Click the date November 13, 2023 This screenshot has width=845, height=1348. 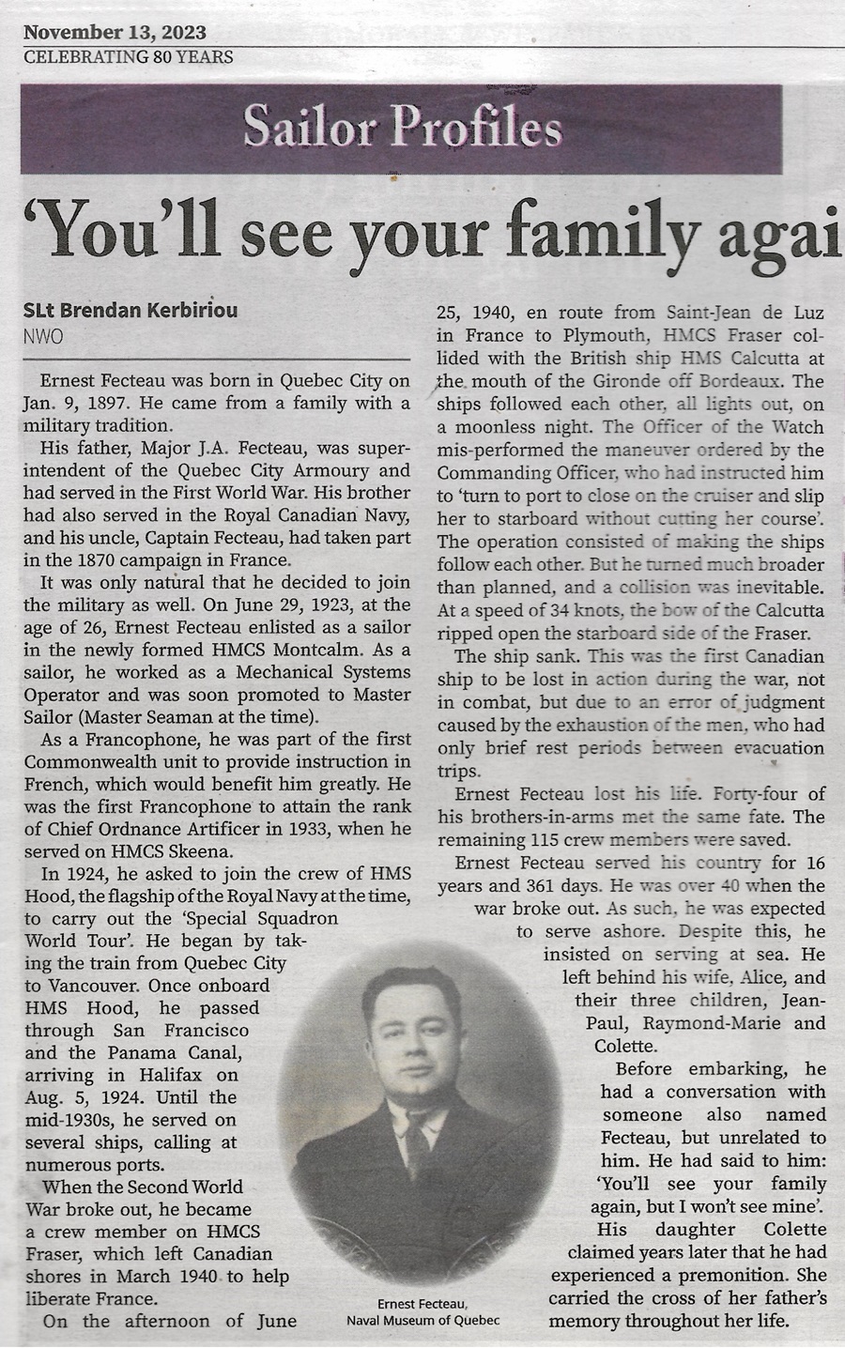pos(115,33)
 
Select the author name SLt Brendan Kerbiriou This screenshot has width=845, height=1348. pos(131,310)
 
